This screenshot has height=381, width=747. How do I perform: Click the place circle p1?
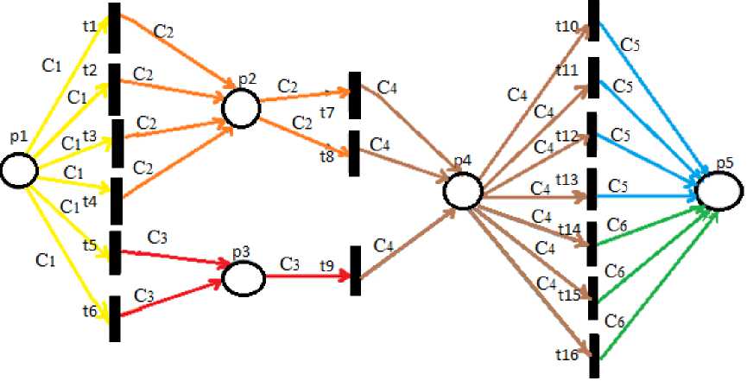18,170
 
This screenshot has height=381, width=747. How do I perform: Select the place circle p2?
240,107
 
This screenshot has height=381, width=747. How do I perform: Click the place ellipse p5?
719,189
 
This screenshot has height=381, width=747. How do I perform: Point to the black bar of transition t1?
114,25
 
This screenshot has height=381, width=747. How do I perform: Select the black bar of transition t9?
355,270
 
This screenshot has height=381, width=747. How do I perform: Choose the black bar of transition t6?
114,319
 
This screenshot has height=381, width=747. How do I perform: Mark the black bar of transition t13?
592,189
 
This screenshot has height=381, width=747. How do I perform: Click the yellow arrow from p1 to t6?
69,251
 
